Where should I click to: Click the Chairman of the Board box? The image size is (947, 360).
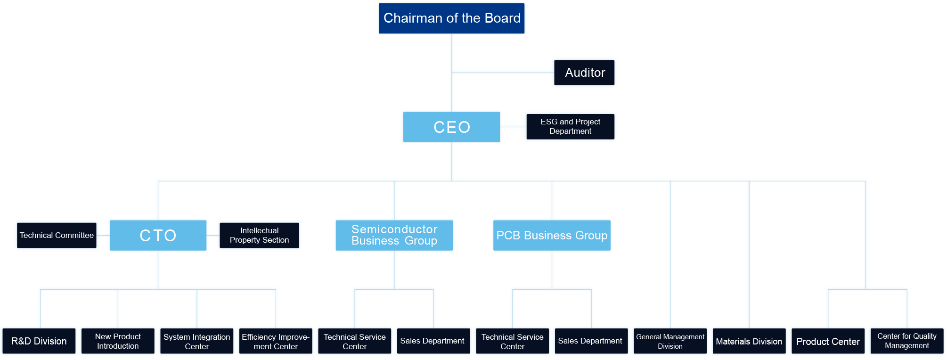451,18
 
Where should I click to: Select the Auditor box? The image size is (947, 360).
584,73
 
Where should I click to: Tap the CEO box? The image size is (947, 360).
451,127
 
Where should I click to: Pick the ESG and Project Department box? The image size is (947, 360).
570,126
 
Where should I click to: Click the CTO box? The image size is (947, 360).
158,235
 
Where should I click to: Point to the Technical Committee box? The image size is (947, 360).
57,235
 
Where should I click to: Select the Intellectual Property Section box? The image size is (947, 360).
259,235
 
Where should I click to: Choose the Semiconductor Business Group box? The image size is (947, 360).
394,235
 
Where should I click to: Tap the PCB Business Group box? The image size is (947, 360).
552,235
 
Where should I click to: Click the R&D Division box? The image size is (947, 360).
39,341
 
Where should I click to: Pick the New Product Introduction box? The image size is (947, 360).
118,341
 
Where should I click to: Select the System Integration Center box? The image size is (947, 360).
197,341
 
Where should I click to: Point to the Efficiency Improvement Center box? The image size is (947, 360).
276,341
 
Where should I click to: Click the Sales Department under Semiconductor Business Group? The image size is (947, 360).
433,341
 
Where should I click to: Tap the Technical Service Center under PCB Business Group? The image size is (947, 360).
512,341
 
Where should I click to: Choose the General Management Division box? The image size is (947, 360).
670,341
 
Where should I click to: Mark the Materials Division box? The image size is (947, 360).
749,341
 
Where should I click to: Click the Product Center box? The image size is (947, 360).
828,341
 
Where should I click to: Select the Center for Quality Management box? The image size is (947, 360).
907,341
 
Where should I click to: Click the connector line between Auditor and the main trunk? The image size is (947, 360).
502,73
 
